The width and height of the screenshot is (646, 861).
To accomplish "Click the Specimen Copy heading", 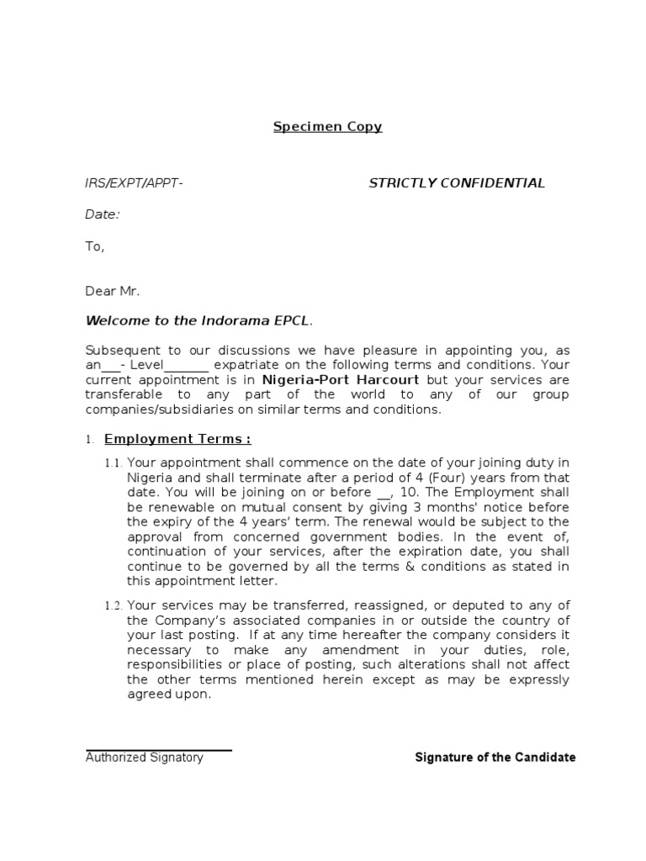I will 327,127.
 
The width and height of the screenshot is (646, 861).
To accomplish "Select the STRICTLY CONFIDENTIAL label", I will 457,183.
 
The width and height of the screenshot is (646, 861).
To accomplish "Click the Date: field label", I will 103,214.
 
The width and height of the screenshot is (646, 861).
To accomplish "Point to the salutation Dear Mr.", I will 113,291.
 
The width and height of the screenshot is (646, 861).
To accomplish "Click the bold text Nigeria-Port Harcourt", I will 350,379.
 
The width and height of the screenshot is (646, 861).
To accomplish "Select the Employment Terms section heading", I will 177,439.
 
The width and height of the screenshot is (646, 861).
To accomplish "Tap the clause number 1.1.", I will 114,462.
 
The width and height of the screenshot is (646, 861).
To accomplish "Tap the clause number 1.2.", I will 114,606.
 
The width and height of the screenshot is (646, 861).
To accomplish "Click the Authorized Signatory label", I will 145,758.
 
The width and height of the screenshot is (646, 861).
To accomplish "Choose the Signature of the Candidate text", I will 495,758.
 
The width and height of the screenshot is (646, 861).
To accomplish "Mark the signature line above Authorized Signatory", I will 158,750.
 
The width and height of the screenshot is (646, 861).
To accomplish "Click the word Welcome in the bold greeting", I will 116,320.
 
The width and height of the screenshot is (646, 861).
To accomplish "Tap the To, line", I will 94,246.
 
